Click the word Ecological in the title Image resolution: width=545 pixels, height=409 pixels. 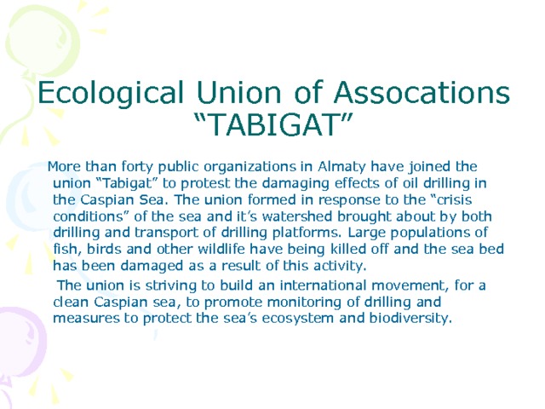pos(113,92)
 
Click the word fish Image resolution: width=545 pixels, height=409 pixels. pos(65,249)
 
